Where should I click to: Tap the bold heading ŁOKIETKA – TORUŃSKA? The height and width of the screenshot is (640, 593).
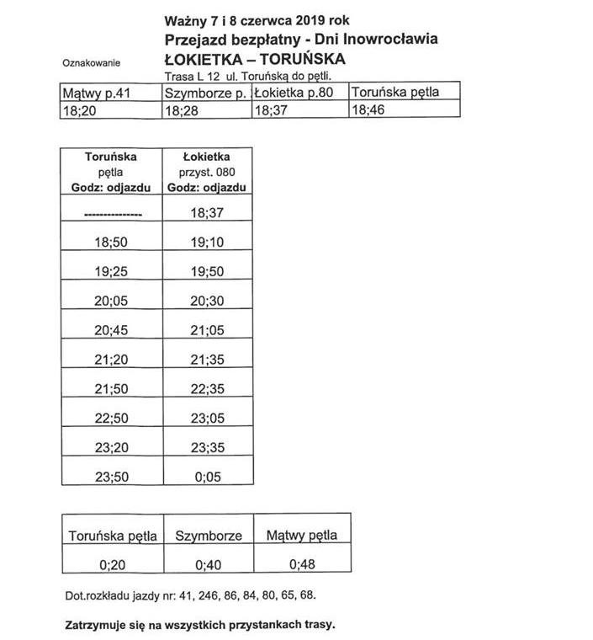click(x=255, y=59)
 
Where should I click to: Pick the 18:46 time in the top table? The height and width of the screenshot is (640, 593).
click(x=368, y=109)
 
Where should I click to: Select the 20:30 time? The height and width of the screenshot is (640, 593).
click(x=206, y=301)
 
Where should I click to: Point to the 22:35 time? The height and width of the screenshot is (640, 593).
click(x=206, y=389)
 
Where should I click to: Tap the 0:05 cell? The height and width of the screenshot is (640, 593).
click(x=206, y=476)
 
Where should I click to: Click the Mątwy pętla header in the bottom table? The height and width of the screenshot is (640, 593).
click(x=301, y=535)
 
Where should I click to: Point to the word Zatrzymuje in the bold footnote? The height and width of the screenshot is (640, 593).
click(x=93, y=626)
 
